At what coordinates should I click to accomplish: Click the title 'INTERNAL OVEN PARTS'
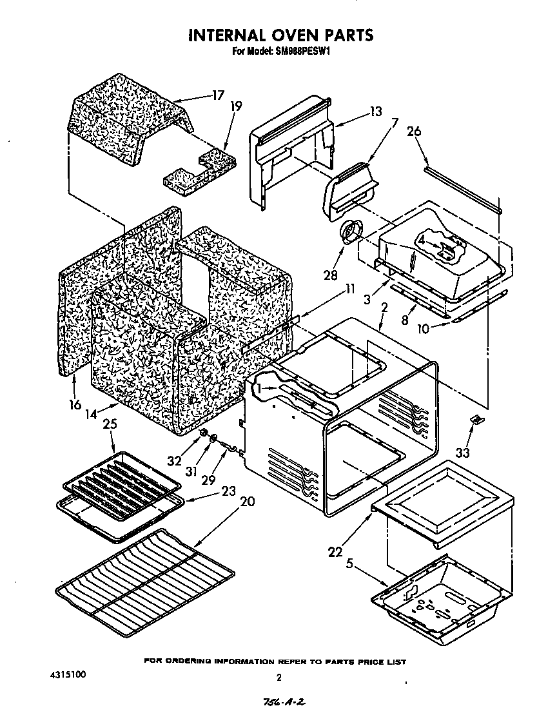(280, 35)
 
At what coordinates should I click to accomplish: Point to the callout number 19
(236, 106)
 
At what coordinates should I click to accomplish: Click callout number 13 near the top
(375, 112)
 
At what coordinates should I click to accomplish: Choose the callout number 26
(414, 132)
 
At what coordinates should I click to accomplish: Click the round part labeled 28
(352, 232)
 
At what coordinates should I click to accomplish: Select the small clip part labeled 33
(476, 420)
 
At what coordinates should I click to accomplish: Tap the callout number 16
(75, 404)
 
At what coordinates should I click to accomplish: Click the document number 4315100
(67, 674)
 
